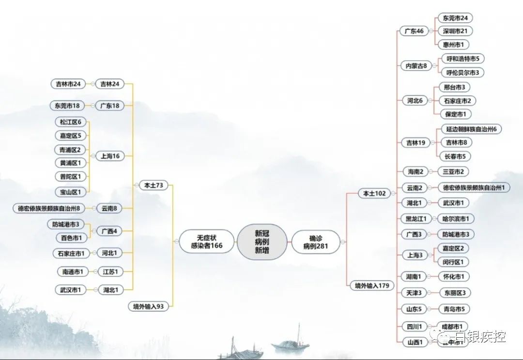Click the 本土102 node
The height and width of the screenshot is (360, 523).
(x=374, y=193)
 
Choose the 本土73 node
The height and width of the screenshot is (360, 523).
(x=152, y=185)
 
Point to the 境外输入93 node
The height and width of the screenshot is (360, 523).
(x=148, y=306)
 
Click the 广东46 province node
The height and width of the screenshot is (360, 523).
(x=414, y=31)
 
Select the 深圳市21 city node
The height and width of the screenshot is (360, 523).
(x=455, y=31)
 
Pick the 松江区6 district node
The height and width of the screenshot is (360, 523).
(x=71, y=122)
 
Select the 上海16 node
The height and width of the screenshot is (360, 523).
(x=110, y=156)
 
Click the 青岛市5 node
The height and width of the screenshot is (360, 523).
(x=453, y=309)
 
